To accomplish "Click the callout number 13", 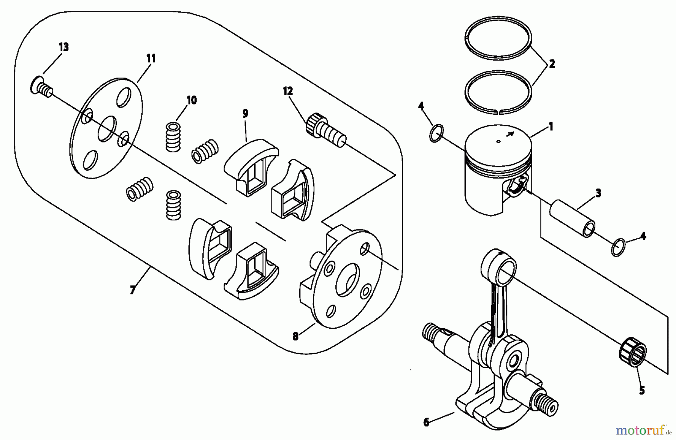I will pyautogui.click(x=64, y=47).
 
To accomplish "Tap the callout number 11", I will pyautogui.click(x=151, y=59).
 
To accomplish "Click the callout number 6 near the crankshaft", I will pyautogui.click(x=426, y=422).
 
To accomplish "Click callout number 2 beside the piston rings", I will pyautogui.click(x=552, y=64).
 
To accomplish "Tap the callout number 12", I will pyautogui.click(x=288, y=91).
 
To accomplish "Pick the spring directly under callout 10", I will pyautogui.click(x=174, y=137).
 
